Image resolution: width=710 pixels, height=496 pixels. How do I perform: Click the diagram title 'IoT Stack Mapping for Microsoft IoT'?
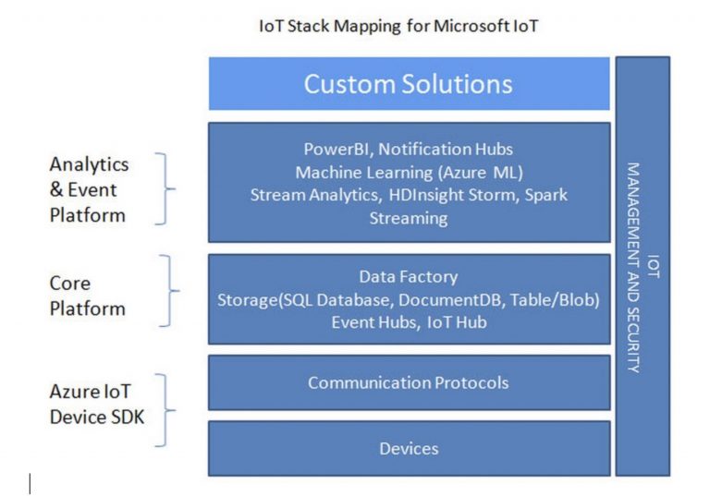coord(399,26)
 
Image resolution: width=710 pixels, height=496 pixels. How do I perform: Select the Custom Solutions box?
coord(409,84)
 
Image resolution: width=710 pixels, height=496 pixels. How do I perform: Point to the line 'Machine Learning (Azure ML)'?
coord(409,172)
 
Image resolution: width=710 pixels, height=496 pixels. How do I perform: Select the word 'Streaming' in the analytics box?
coord(409,218)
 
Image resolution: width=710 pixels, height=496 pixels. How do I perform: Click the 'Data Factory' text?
coord(409,276)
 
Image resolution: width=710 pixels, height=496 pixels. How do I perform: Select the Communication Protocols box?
coord(409,382)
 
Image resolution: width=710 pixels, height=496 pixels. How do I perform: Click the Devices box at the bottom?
coord(409,449)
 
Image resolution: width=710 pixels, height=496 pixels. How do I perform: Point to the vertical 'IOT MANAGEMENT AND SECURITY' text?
coord(643,268)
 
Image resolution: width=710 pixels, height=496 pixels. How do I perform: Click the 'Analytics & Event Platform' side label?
coord(89,189)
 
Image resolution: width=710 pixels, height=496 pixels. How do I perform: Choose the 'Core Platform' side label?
coord(88,295)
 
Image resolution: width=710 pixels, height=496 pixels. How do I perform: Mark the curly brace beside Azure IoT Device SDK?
coord(164,410)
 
